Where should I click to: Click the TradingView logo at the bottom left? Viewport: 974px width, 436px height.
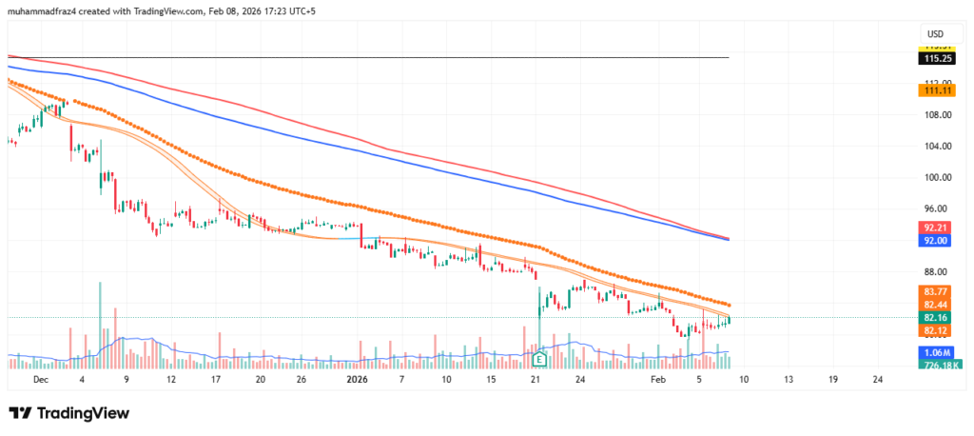(x=68, y=413)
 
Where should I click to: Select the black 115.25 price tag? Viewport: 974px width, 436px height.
(x=936, y=58)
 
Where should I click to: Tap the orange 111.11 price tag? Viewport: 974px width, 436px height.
(x=936, y=89)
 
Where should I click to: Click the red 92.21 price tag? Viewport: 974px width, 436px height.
(x=936, y=228)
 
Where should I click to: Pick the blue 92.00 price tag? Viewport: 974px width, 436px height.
(x=936, y=242)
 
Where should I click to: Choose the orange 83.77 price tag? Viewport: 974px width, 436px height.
(x=936, y=290)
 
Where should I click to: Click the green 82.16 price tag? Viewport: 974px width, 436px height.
(x=936, y=317)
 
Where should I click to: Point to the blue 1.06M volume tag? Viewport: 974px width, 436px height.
(x=936, y=352)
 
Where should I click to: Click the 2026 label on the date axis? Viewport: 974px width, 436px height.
(x=357, y=379)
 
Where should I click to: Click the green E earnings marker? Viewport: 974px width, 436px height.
(x=539, y=359)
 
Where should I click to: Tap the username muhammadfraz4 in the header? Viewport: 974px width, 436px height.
(x=47, y=10)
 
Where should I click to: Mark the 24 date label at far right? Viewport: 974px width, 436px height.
(x=877, y=379)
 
